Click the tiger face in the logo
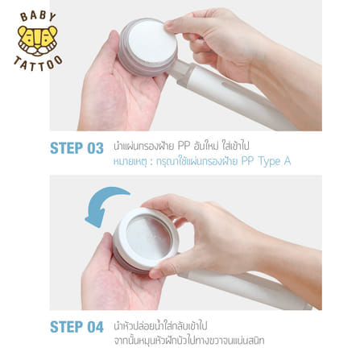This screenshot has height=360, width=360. [38, 40]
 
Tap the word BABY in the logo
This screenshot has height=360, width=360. [38, 16]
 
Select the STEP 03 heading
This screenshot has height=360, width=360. [77, 148]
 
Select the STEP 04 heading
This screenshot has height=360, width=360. [77, 327]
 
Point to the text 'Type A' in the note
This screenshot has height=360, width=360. [275, 161]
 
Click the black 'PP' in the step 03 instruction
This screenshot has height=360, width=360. [184, 146]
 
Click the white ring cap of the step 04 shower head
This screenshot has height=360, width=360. [122, 228]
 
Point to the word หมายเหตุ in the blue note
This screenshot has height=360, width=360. [130, 162]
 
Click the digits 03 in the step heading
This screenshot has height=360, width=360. [95, 148]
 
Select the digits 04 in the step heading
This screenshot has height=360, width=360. [95, 327]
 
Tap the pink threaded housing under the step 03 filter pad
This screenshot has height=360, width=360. [126, 62]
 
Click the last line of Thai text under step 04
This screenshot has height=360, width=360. [189, 341]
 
